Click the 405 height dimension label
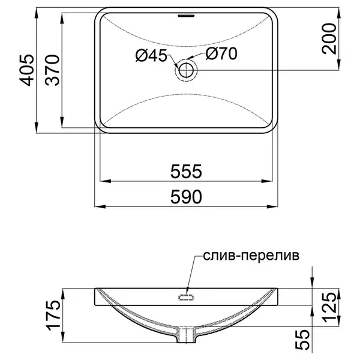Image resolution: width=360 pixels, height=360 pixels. point(26,70)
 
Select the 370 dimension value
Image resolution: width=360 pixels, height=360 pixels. point(52,70)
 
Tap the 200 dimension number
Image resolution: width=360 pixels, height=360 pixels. point(329,38)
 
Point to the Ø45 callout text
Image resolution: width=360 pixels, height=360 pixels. point(151,55)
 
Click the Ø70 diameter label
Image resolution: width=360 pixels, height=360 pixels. point(221,54)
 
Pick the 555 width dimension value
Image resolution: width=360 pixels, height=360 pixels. point(186,171)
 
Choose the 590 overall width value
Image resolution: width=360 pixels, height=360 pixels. point(186,197)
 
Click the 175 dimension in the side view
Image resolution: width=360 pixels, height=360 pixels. point(54,315)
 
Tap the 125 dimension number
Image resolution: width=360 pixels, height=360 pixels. point(329,307)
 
